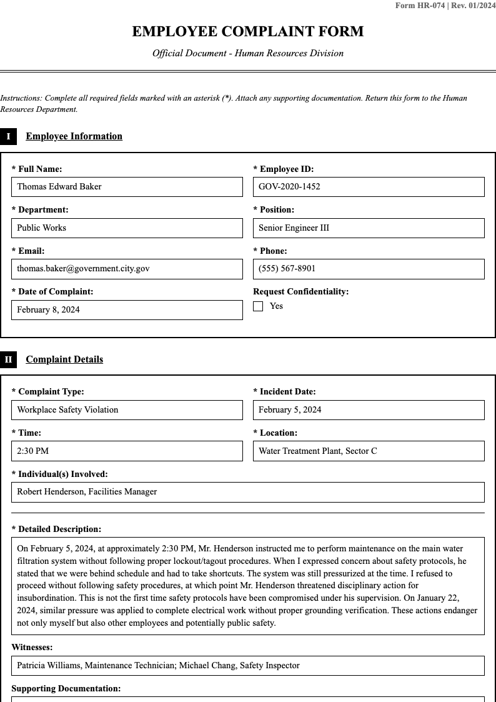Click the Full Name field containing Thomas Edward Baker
pyautogui.click(x=127, y=187)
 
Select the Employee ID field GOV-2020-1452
pyautogui.click(x=369, y=187)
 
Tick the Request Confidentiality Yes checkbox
pyautogui.click(x=258, y=306)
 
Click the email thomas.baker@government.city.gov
pyautogui.click(x=127, y=269)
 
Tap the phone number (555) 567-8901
pyautogui.click(x=369, y=269)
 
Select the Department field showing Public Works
pyautogui.click(x=127, y=228)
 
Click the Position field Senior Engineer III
pyautogui.click(x=369, y=228)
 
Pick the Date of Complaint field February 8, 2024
pyautogui.click(x=127, y=310)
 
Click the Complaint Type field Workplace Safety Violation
pyautogui.click(x=127, y=410)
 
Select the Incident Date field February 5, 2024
pyautogui.click(x=369, y=410)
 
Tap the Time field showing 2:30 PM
pyautogui.click(x=127, y=451)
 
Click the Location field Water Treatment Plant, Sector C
pyautogui.click(x=369, y=451)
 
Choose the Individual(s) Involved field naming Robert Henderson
pyautogui.click(x=247, y=492)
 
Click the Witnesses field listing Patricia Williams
pyautogui.click(x=247, y=666)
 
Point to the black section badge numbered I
pyautogui.click(x=8, y=136)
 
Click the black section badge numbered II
pyautogui.click(x=8, y=359)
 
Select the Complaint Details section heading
pyautogui.click(x=64, y=359)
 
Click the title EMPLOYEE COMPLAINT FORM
pyautogui.click(x=247, y=32)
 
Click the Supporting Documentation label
pyautogui.click(x=66, y=689)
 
